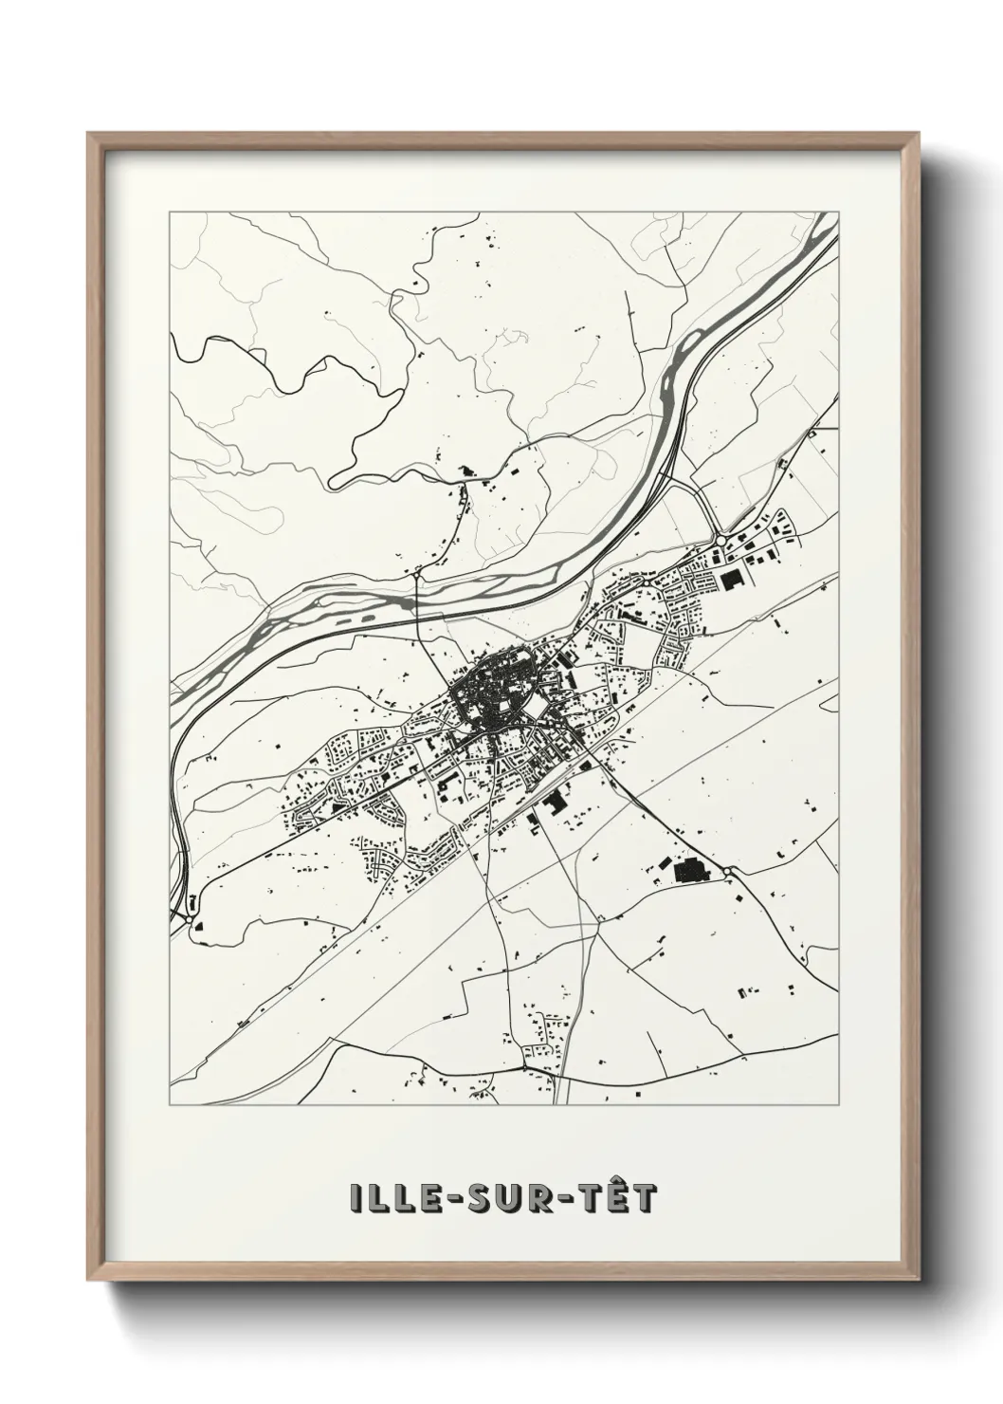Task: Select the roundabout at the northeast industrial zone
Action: pyautogui.click(x=721, y=539)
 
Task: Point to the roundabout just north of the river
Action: pyautogui.click(x=416, y=573)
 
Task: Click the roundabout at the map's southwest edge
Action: pyautogui.click(x=192, y=918)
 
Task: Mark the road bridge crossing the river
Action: pyautogui.click(x=418, y=600)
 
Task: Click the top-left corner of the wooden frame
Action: pyautogui.click(x=89, y=134)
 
